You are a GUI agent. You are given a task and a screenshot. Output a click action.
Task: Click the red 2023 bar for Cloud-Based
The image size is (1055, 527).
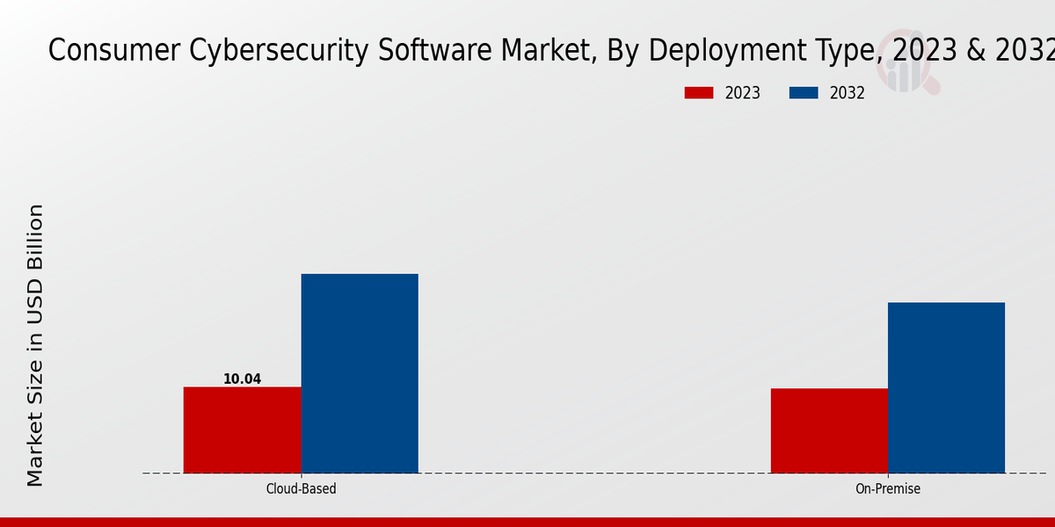click(242, 430)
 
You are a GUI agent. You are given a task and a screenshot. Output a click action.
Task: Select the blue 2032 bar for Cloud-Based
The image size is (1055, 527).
click(360, 373)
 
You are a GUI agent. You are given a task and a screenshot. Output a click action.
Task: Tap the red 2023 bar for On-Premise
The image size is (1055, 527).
click(829, 430)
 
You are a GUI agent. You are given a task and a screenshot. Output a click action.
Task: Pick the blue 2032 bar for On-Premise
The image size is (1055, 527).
click(946, 387)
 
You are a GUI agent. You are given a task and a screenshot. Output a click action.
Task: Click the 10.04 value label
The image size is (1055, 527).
click(242, 379)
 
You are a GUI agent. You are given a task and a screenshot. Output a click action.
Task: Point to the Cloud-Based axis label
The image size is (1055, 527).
click(301, 488)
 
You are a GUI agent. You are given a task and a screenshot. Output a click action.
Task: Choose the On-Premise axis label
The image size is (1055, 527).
click(888, 488)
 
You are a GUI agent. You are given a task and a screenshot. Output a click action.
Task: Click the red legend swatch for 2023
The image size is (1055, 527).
click(700, 93)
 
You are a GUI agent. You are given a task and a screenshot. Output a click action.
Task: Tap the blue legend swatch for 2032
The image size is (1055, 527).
click(804, 93)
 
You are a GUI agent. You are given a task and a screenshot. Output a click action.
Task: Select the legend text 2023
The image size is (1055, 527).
click(743, 93)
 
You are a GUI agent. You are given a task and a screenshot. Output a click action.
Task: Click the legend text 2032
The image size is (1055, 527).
click(847, 93)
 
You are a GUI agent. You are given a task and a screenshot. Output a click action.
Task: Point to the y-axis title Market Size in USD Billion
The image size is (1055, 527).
click(35, 345)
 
